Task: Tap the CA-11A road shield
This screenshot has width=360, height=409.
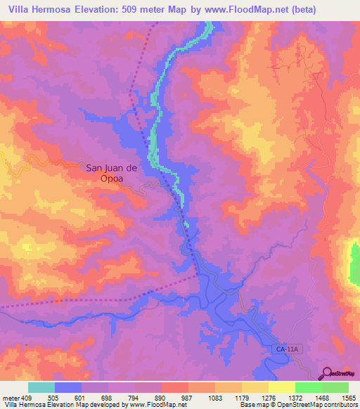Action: click(285, 348)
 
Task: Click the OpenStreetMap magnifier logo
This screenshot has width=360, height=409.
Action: click(327, 372)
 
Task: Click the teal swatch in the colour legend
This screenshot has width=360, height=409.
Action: click(41, 387)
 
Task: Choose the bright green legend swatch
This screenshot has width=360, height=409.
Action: click(309, 387)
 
